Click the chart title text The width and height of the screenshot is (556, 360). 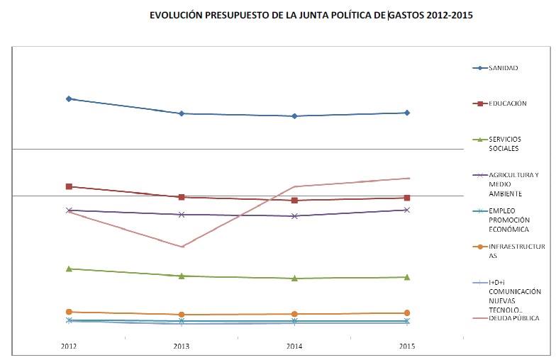(311, 14)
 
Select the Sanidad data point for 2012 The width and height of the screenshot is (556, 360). (69, 99)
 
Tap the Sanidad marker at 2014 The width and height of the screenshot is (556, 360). (294, 116)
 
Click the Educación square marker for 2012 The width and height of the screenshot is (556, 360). (69, 186)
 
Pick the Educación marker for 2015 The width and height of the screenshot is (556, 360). (406, 198)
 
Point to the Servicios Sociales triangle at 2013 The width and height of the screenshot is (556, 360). (182, 276)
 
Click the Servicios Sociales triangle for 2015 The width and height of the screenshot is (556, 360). (406, 277)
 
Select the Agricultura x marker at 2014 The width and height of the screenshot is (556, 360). (294, 215)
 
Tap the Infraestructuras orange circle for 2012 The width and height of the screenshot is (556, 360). (69, 312)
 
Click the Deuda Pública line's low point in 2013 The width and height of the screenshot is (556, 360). (182, 247)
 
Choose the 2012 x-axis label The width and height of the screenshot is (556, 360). (69, 346)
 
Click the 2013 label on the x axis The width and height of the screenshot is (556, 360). (182, 346)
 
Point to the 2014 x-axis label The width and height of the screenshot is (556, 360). (294, 346)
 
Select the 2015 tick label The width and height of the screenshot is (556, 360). (406, 346)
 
